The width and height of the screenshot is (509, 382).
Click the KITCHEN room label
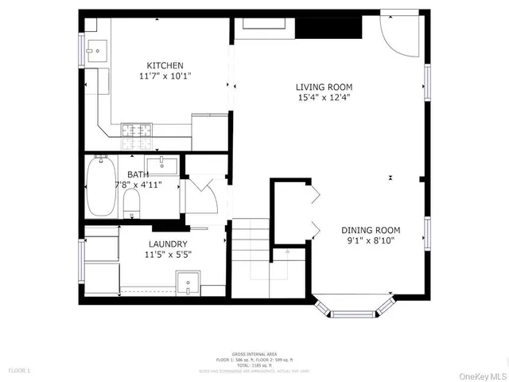click(165, 65)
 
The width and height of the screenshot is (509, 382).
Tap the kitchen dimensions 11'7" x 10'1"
click(165, 76)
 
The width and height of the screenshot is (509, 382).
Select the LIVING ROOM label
click(324, 87)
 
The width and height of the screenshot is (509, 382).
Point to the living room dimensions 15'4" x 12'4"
click(324, 98)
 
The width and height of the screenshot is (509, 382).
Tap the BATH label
click(138, 174)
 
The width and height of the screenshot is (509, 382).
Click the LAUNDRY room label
click(168, 244)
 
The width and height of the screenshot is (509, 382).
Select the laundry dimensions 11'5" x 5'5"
click(168, 255)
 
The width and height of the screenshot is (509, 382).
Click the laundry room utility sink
click(188, 283)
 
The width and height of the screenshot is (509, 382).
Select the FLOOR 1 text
click(19, 371)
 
